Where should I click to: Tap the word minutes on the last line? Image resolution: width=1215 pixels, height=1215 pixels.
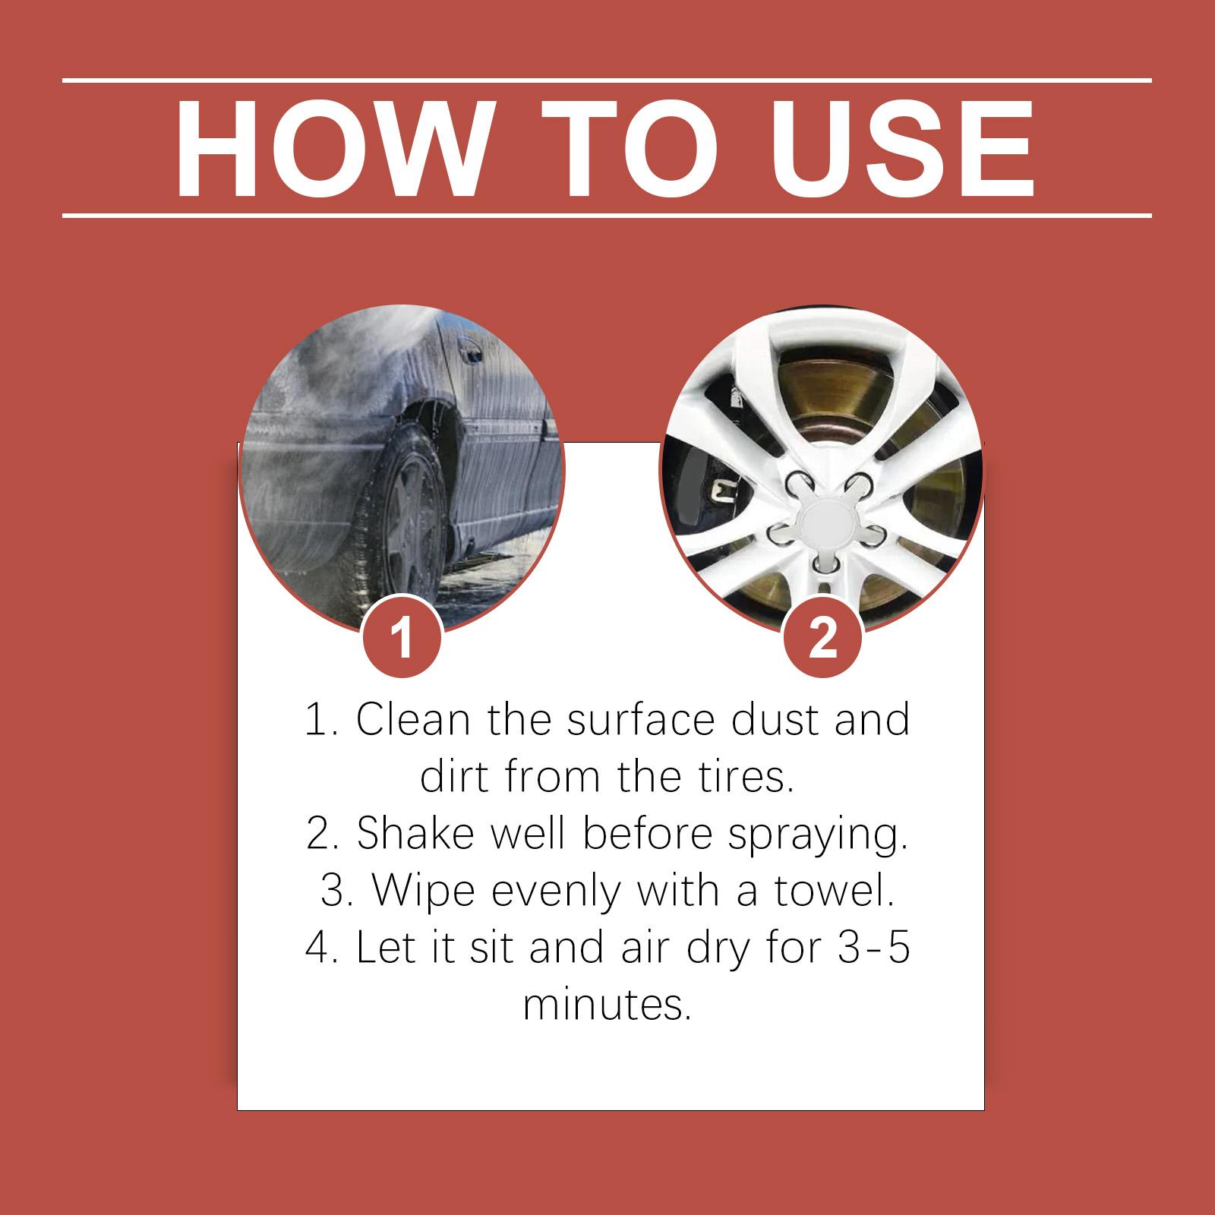[x=607, y=1005]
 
